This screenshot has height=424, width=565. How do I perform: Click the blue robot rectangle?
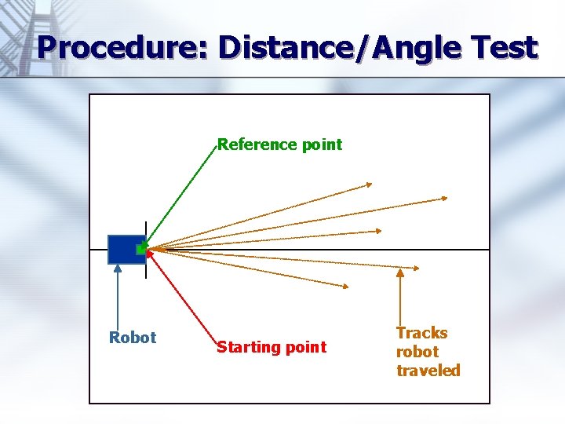click(x=124, y=249)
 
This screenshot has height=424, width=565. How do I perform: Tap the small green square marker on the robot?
click(x=141, y=249)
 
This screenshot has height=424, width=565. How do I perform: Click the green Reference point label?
click(x=279, y=144)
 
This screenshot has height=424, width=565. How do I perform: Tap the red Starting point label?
click(x=271, y=347)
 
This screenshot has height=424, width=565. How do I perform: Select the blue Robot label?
click(x=133, y=338)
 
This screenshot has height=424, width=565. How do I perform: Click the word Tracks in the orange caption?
click(x=421, y=333)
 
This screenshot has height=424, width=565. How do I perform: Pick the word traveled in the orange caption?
click(x=428, y=371)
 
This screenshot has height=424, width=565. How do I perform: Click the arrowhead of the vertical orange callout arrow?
click(x=401, y=272)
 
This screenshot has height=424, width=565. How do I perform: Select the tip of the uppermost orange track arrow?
click(x=371, y=185)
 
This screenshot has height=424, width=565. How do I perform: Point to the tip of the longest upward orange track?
click(x=447, y=198)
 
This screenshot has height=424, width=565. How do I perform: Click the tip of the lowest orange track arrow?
click(x=349, y=287)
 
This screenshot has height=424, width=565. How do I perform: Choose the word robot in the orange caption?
click(x=417, y=352)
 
